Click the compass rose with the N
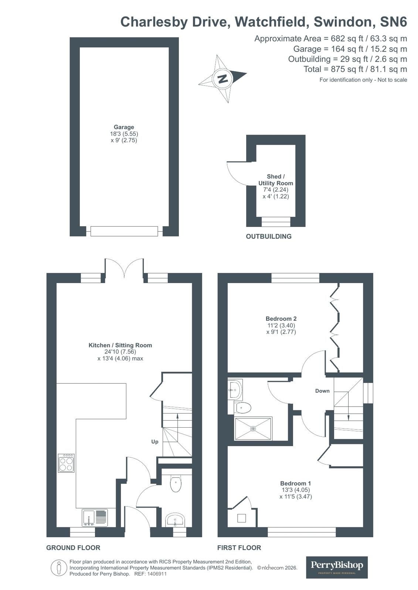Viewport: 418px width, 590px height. pos(222,79)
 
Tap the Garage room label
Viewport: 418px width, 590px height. pos(124,127)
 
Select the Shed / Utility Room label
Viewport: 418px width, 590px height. pos(276,180)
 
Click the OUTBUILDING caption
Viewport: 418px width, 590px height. pos(269,237)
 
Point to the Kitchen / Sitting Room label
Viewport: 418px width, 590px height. pos(120,345)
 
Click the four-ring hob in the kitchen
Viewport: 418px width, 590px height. pos(66,463)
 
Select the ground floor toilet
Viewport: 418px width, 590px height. pos(176,484)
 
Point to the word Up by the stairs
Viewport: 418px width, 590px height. pos(155,442)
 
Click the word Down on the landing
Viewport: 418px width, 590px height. pos(322,391)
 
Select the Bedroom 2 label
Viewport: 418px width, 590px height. pos(281,319)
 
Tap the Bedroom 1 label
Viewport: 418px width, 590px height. pos(295,483)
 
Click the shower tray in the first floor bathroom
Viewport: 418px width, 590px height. pos(253,428)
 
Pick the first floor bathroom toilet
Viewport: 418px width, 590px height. pos(243,408)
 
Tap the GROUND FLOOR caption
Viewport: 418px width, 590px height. pos(73,548)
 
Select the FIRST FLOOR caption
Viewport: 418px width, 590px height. pos(239,548)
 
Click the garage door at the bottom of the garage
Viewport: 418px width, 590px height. pos(124,231)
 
